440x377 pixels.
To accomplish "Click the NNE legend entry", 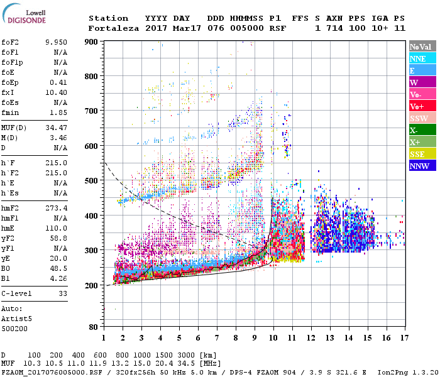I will tap(422, 58).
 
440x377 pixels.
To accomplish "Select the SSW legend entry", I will tap(422, 118).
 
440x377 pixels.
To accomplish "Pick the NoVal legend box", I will tap(422, 46).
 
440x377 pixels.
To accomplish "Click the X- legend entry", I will tap(422, 130).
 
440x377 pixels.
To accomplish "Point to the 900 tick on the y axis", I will tap(92, 41).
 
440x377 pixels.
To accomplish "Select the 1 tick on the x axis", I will tap(104, 337).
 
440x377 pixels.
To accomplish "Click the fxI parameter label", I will tap(9, 92).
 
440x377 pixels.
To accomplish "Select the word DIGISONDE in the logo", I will tap(26, 20).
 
